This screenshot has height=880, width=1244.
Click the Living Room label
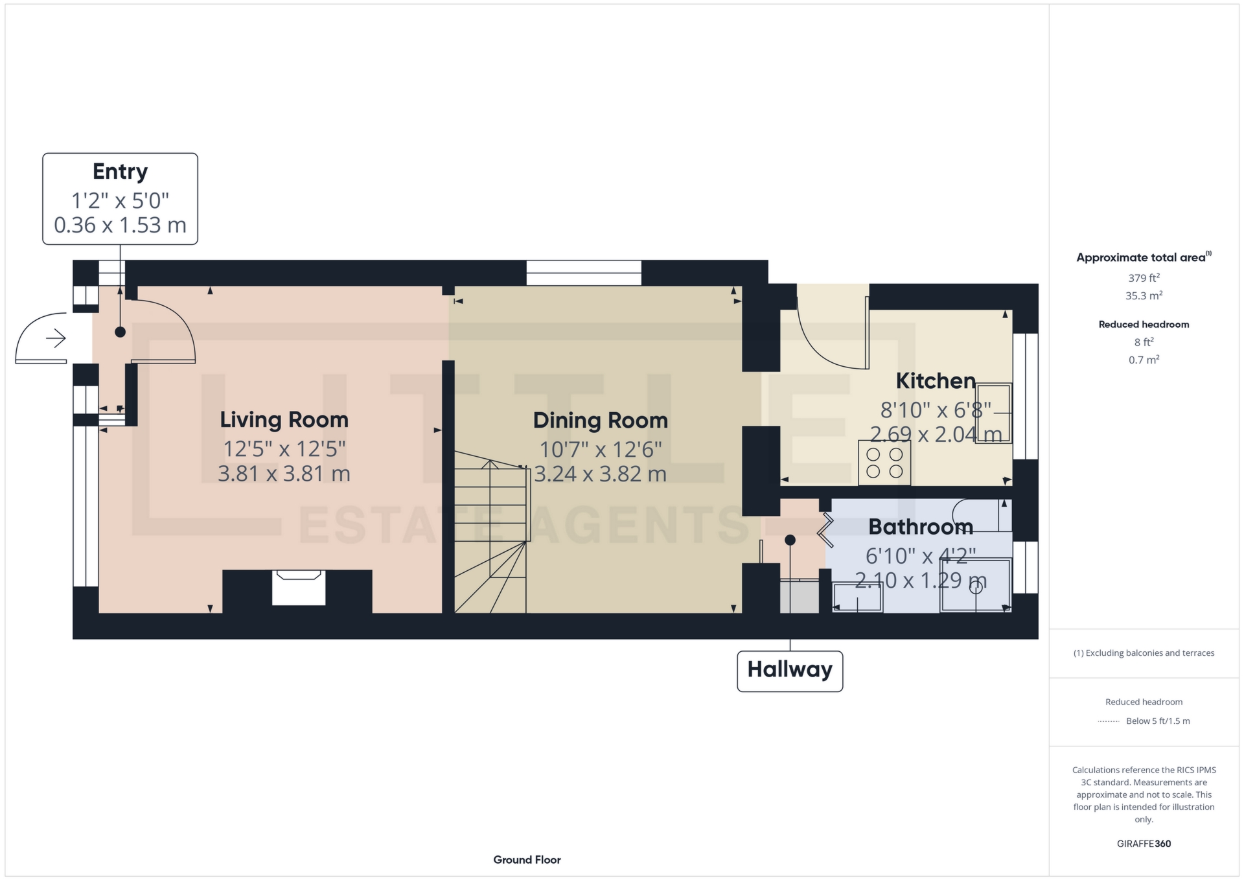pyautogui.click(x=284, y=420)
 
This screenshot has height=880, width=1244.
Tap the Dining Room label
pyautogui.click(x=600, y=421)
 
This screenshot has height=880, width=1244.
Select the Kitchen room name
pyautogui.click(x=935, y=381)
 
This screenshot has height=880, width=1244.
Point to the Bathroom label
pyautogui.click(x=920, y=527)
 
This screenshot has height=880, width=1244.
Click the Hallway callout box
pyautogui.click(x=789, y=670)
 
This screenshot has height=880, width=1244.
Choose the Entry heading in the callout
pyautogui.click(x=120, y=172)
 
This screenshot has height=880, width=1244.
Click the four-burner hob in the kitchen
pyautogui.click(x=884, y=463)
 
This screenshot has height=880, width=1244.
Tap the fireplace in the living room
pyautogui.click(x=298, y=588)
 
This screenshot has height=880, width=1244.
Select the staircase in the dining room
pyautogui.click(x=491, y=538)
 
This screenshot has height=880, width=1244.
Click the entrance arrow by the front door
pyautogui.click(x=56, y=338)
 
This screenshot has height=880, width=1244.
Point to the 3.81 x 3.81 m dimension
pyautogui.click(x=284, y=474)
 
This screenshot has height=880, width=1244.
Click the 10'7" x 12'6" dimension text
pyautogui.click(x=600, y=449)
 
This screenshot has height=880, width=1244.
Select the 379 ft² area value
pyautogui.click(x=1144, y=278)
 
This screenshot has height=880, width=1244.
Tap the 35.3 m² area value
pyautogui.click(x=1144, y=296)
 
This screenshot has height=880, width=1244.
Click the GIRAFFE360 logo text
pyautogui.click(x=1144, y=844)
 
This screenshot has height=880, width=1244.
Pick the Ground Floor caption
pyautogui.click(x=527, y=860)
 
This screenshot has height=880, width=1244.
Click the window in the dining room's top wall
pyautogui.click(x=583, y=273)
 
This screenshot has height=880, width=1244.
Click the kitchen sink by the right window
pyautogui.click(x=993, y=413)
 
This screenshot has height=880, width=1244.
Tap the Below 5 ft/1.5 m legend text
pyautogui.click(x=1158, y=721)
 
